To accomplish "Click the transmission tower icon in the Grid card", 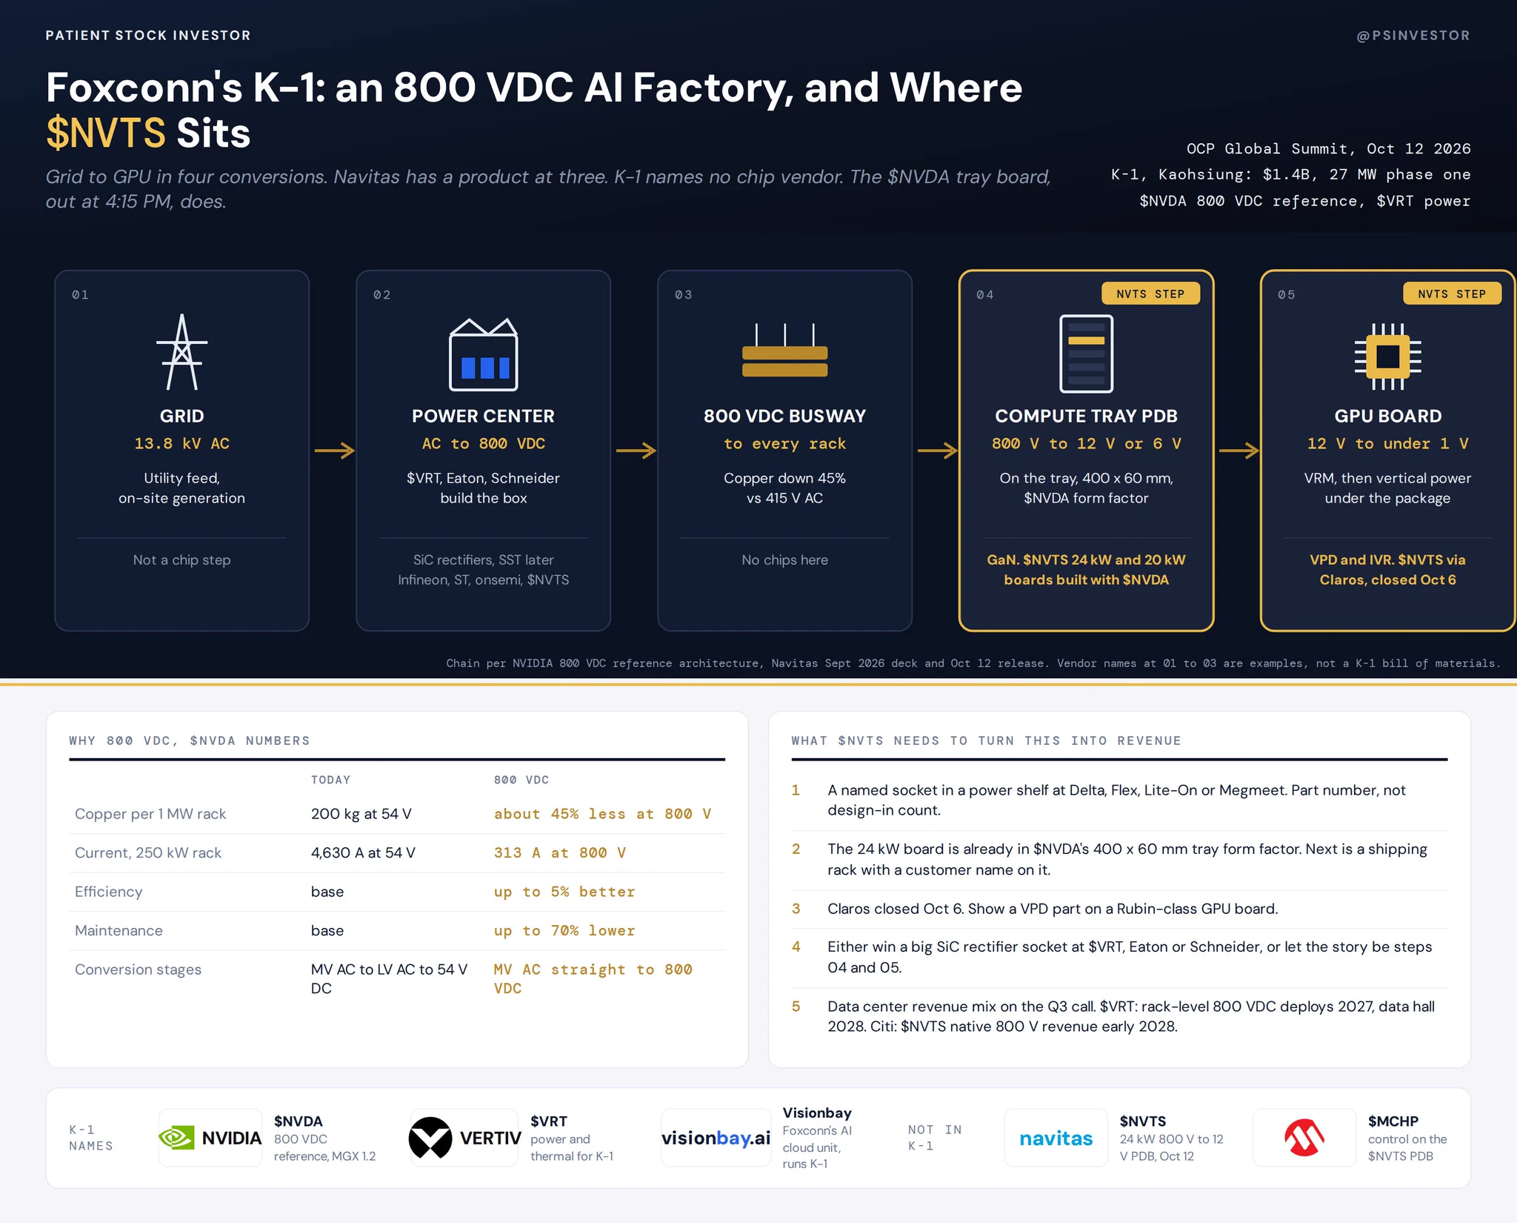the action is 181,352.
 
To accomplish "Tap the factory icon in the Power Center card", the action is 483,354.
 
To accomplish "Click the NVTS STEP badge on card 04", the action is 1150,294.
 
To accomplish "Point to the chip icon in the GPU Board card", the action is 1387,357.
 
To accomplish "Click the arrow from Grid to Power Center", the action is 335,450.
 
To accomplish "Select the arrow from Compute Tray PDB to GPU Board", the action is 1239,450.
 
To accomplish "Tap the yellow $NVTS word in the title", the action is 106,133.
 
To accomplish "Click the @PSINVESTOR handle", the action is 1413,36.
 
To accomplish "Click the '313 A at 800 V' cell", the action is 560,852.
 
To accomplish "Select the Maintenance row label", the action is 119,930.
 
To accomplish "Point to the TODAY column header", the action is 330,780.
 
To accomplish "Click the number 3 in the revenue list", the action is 796,909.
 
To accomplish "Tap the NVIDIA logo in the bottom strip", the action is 210,1138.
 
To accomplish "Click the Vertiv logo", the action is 464,1138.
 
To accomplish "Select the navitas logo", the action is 1056,1139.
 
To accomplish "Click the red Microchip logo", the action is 1304,1138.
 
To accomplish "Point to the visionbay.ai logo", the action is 716,1138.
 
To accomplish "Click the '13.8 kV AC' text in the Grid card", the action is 181,443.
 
